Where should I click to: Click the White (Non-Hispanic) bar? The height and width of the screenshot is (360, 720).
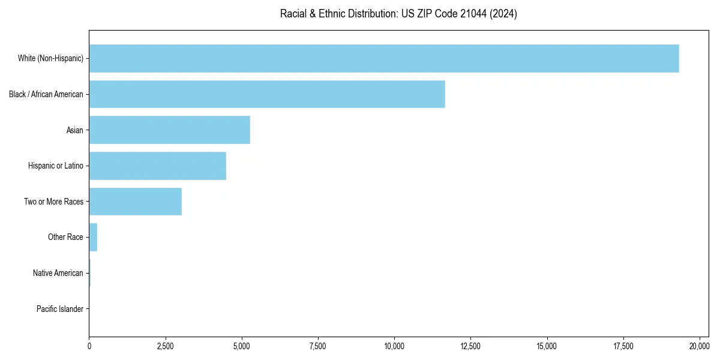coord(384,58)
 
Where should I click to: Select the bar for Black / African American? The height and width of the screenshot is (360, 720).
coord(267,94)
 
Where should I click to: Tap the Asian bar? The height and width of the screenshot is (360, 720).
coord(169,130)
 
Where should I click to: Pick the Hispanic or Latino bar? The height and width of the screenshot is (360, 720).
coord(157,166)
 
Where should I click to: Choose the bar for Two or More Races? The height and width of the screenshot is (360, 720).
coord(135,202)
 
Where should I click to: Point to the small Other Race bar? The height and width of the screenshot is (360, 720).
coord(93,237)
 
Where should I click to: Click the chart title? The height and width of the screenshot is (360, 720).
coord(398,14)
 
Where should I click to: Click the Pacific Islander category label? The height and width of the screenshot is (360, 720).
coord(60,309)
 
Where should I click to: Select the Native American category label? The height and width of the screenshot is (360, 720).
coord(58,273)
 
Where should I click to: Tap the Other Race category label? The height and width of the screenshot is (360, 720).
coord(65,237)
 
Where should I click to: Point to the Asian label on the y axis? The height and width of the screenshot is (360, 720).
coord(75,130)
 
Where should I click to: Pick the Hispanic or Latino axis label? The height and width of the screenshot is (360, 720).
coord(56,166)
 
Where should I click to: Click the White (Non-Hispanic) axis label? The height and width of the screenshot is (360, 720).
coord(50,58)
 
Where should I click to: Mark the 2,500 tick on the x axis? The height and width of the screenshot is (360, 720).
coord(165,346)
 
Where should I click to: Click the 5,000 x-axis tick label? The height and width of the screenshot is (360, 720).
coord(241,346)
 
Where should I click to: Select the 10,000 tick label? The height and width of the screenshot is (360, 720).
coord(394,346)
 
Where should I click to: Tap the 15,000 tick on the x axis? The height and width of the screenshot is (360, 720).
coord(547,346)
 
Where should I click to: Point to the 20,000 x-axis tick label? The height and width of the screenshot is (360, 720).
coord(700,346)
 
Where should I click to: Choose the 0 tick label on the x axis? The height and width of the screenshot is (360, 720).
coord(89,346)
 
